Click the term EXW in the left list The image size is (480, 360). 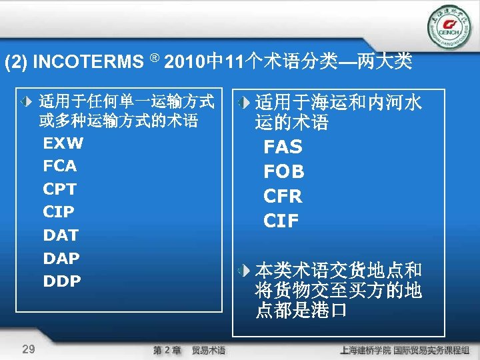coord(63,143)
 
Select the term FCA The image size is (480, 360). coord(60,166)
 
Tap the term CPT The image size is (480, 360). coord(60,189)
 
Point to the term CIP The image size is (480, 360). coord(59,212)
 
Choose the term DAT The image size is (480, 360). coord(61,235)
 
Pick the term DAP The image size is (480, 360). coord(61,258)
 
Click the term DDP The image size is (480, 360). coord(62,281)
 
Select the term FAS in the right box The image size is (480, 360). coord(283,147)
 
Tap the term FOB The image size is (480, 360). coord(284,172)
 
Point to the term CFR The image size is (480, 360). coord(283,197)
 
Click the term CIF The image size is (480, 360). coord(281,221)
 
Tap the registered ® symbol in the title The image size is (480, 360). coord(153,59)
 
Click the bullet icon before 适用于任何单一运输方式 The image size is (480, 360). coord(25,103)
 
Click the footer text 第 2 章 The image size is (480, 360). coord(167,350)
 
